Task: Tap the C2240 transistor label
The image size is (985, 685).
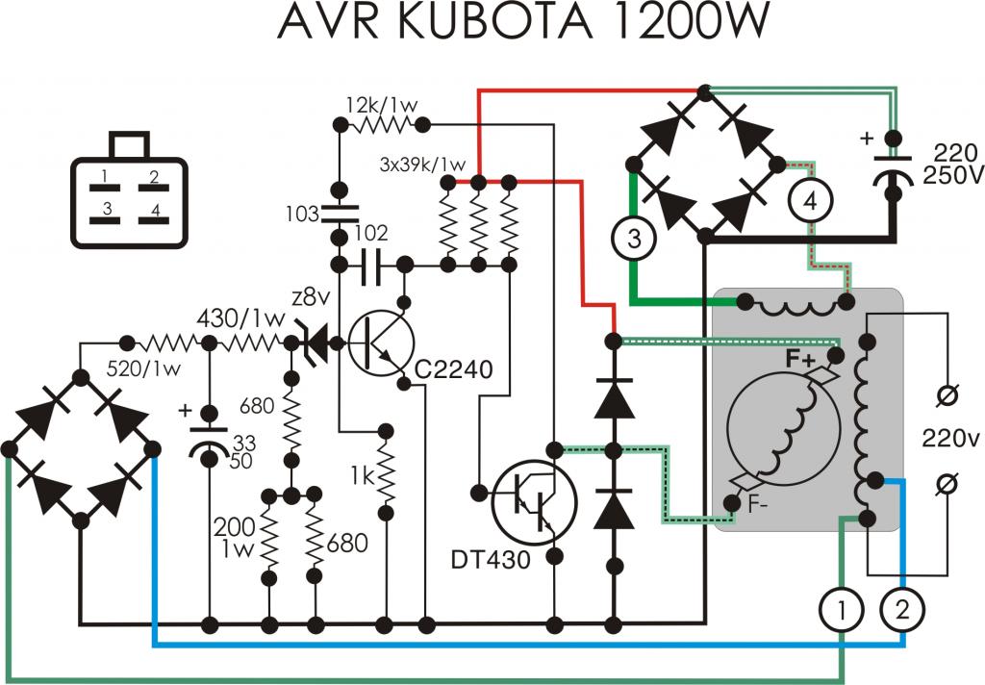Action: click(454, 368)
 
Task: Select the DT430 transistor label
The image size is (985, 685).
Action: click(491, 558)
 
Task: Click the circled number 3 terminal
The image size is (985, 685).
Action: click(633, 240)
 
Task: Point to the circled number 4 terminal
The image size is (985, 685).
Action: click(811, 201)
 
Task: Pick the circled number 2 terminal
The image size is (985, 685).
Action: click(901, 609)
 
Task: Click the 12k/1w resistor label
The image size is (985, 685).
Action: click(377, 103)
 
